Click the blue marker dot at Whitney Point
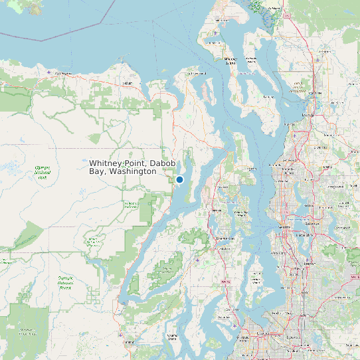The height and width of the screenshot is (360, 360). [179, 179]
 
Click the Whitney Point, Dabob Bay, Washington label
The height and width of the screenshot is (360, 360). [123, 167]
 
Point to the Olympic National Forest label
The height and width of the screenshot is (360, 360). [65, 283]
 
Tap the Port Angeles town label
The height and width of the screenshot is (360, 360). [63, 73]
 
